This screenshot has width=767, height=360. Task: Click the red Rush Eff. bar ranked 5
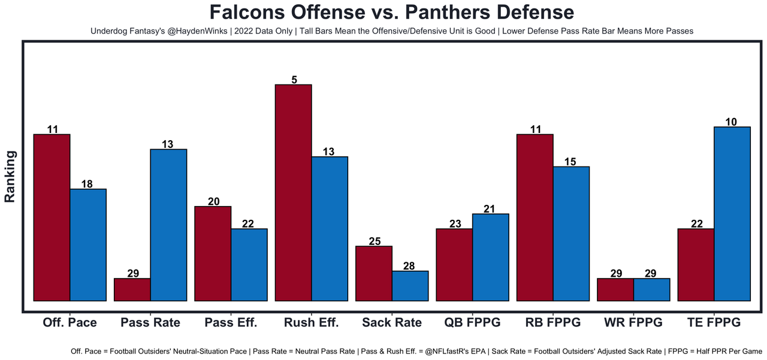coord(293,192)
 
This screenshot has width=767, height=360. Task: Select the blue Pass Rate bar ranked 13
coord(168,225)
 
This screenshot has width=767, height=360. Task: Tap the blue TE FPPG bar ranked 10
coord(732,213)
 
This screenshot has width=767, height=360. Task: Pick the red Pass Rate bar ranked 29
coord(132,289)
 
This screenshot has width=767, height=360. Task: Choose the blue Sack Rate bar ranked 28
coord(410,286)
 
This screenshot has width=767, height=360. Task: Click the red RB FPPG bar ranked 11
coord(535,217)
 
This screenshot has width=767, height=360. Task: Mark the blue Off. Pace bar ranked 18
coord(88,244)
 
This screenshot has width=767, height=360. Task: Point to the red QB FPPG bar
coord(454,264)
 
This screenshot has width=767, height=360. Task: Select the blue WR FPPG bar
coord(652,289)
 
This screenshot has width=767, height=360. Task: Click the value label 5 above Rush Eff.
coord(294,80)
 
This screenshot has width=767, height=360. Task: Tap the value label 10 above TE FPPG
coord(732,122)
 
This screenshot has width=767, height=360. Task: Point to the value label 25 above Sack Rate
coord(375,241)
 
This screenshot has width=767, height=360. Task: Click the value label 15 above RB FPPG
coord(570,162)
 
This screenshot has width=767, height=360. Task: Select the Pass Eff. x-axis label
coord(231,323)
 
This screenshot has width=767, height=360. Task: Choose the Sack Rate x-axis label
coord(392,323)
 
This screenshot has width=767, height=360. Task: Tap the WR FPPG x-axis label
coord(633,323)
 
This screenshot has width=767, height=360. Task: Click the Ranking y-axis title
coord(10,176)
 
